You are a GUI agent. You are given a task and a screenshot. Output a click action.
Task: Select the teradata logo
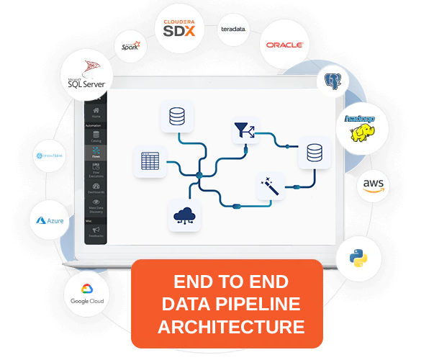click(233, 30)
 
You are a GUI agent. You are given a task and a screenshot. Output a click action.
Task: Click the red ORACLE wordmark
click(284, 45)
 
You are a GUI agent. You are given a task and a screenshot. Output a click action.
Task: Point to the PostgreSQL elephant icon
click(333, 81)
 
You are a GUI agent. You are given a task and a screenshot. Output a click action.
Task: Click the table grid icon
click(150, 161)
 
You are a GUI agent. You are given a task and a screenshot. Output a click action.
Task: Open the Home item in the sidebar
click(96, 113)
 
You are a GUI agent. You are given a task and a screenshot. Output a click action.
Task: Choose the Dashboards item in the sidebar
click(96, 189)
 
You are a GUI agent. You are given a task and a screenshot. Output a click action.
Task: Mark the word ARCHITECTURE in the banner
click(231, 326)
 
